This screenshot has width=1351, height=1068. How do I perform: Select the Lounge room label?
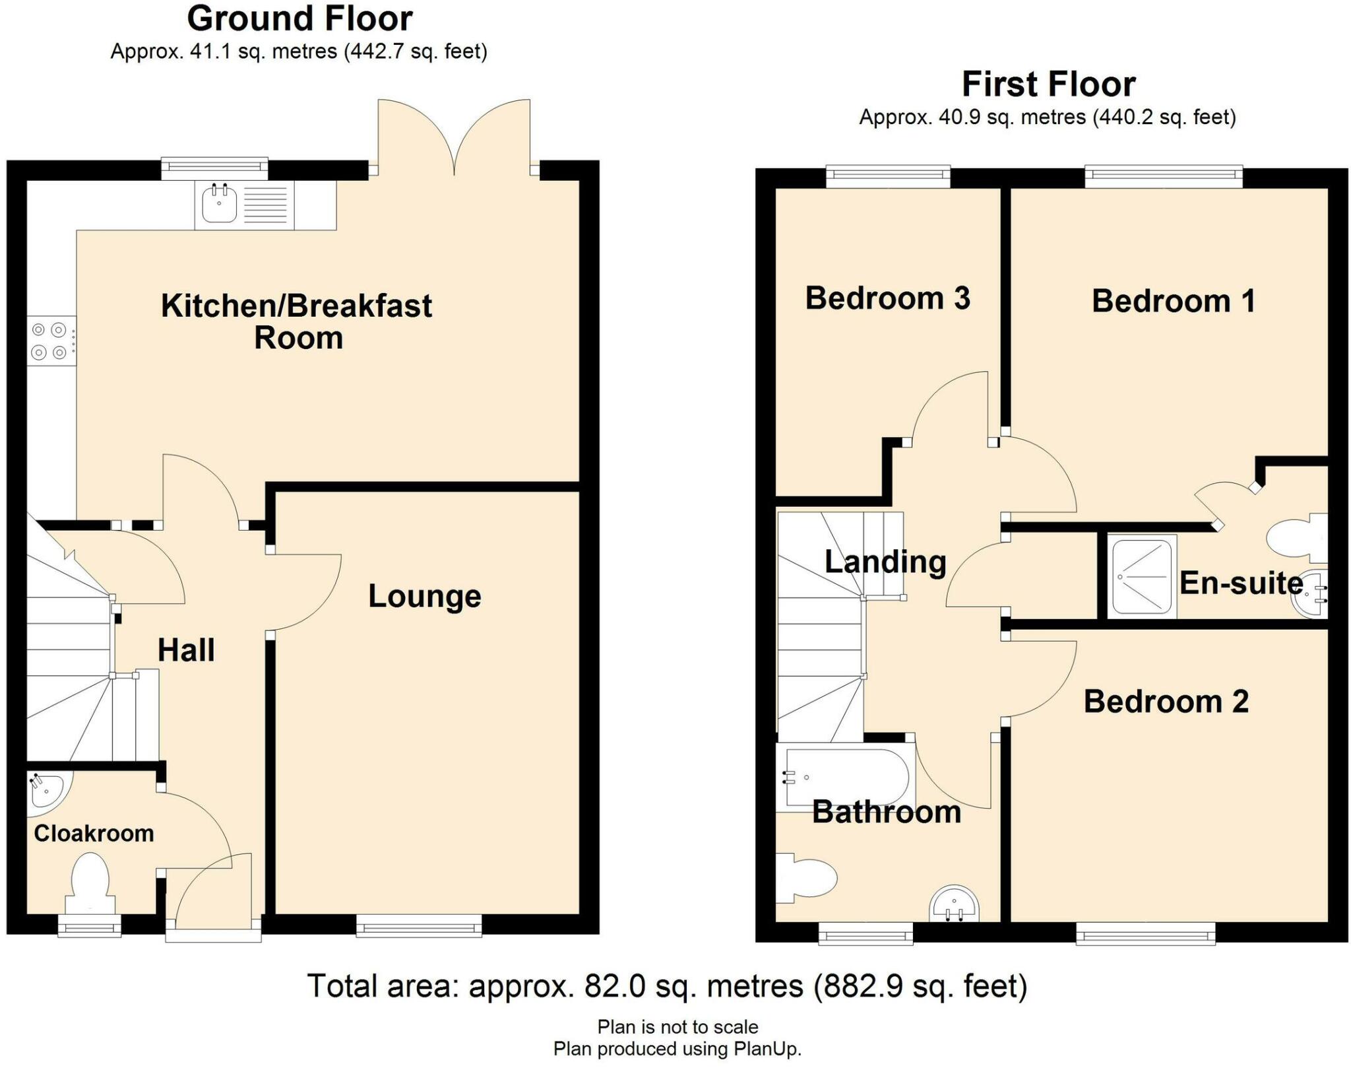(x=424, y=596)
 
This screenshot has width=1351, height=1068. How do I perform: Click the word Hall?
(x=186, y=651)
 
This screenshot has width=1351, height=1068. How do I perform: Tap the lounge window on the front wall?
(x=419, y=926)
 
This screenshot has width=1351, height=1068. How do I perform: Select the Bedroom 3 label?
(x=887, y=298)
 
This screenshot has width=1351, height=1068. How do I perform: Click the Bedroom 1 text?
(x=1173, y=301)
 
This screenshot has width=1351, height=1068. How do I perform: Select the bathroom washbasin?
(x=954, y=904)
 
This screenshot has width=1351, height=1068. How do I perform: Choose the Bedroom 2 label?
(x=1166, y=702)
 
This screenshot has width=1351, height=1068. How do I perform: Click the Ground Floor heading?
(x=299, y=18)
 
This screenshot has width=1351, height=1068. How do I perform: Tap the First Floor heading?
(x=1048, y=84)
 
